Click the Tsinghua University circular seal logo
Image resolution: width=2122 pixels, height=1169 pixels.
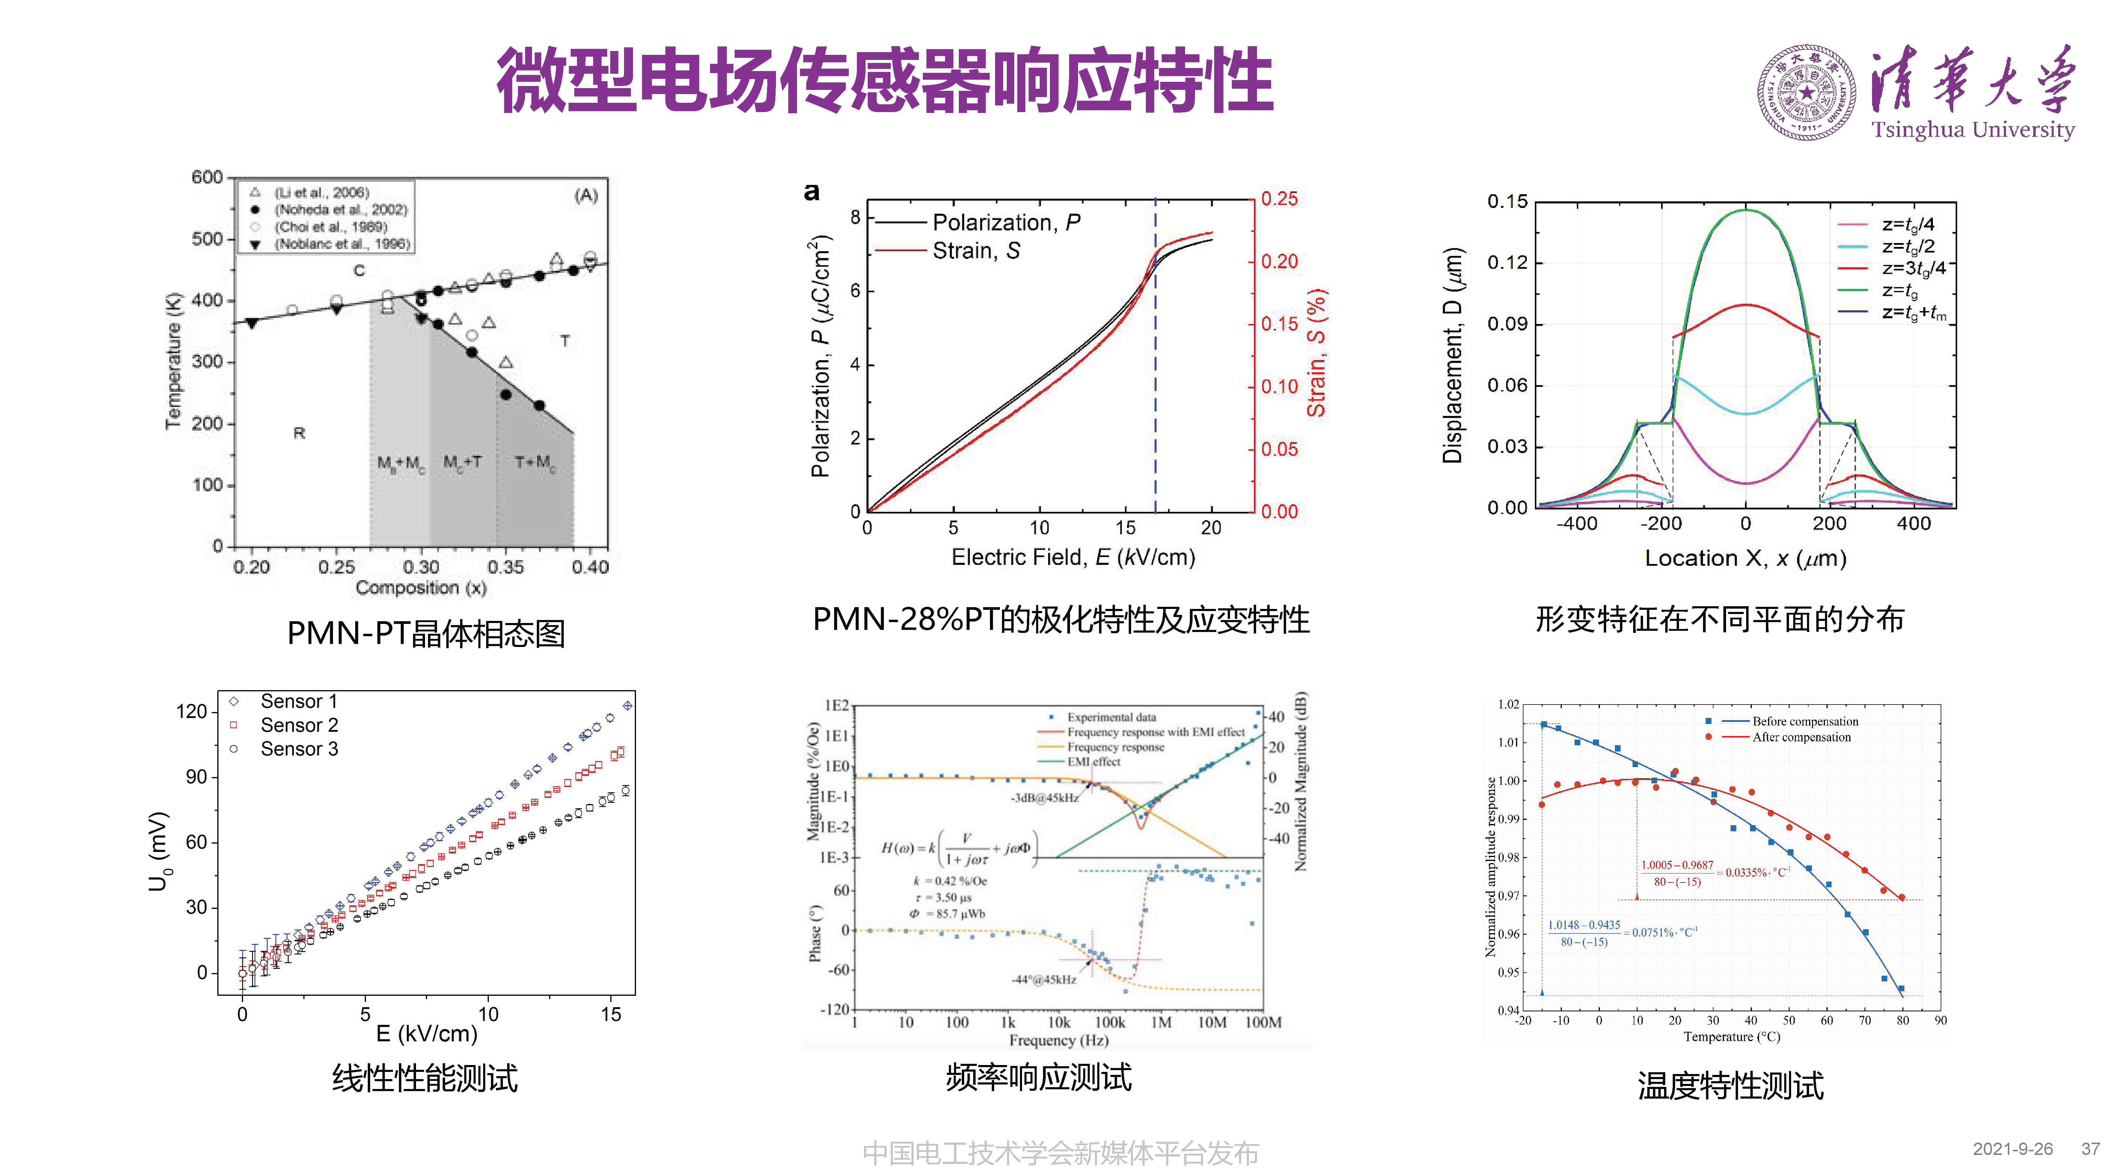click(1806, 92)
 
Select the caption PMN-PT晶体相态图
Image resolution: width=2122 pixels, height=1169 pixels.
click(426, 633)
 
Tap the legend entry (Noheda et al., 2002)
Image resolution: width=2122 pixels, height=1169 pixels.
click(340, 209)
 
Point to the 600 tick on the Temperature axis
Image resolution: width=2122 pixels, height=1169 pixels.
click(207, 177)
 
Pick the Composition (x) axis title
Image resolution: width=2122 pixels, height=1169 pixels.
click(421, 587)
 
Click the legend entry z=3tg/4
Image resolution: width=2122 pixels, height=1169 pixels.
click(1913, 268)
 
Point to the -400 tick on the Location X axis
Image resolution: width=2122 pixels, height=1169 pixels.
click(1577, 523)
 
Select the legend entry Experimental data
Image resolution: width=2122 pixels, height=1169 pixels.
click(1110, 717)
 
